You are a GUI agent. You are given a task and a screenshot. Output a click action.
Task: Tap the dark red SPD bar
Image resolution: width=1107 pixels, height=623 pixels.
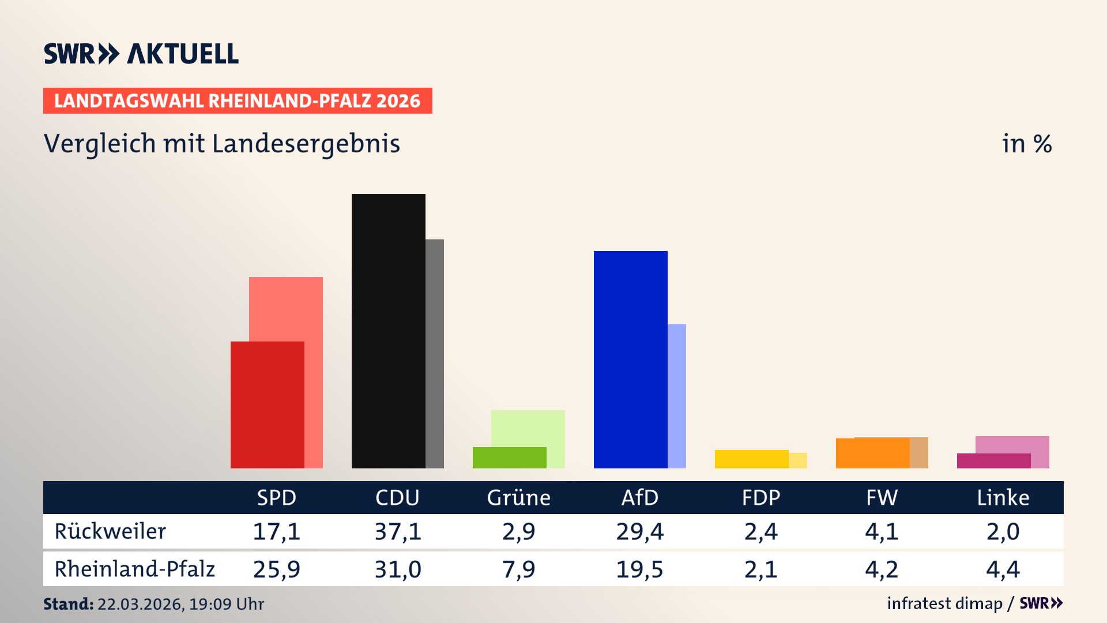click(267, 404)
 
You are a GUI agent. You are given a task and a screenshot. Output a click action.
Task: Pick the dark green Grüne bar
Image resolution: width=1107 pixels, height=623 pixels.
click(509, 457)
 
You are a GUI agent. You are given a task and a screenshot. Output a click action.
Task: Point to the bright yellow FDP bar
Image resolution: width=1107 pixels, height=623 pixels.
click(751, 459)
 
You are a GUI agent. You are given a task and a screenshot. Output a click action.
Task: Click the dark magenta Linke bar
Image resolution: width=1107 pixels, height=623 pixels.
click(993, 461)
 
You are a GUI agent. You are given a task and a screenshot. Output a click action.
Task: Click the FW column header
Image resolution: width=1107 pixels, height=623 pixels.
click(882, 498)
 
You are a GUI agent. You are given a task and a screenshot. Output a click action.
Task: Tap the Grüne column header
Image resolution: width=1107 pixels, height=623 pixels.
click(518, 498)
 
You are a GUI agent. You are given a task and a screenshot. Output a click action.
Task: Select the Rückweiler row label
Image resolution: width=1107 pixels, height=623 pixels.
click(110, 531)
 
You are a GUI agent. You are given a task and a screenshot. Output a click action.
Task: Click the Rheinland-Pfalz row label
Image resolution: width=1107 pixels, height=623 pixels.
click(134, 569)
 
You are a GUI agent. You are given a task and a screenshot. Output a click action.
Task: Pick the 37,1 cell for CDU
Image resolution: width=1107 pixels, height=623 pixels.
click(398, 531)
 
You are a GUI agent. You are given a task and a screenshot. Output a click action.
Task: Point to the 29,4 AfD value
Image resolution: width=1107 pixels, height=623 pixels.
click(639, 531)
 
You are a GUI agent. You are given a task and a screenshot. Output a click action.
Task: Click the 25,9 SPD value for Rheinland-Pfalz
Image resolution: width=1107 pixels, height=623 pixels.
click(276, 569)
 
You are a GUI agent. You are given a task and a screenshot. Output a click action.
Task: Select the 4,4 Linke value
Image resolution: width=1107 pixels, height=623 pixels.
click(1003, 569)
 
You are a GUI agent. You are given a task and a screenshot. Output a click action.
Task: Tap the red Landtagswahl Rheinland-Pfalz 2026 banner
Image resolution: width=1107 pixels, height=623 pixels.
click(238, 101)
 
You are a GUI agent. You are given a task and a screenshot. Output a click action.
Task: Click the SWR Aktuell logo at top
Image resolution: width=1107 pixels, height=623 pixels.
click(141, 54)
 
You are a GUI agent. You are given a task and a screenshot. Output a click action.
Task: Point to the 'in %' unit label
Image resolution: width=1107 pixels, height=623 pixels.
click(1027, 144)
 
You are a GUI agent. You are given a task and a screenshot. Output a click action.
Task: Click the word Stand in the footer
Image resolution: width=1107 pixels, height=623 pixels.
click(68, 604)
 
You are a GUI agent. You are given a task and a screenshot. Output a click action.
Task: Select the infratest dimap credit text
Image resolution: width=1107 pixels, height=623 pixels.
click(944, 603)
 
